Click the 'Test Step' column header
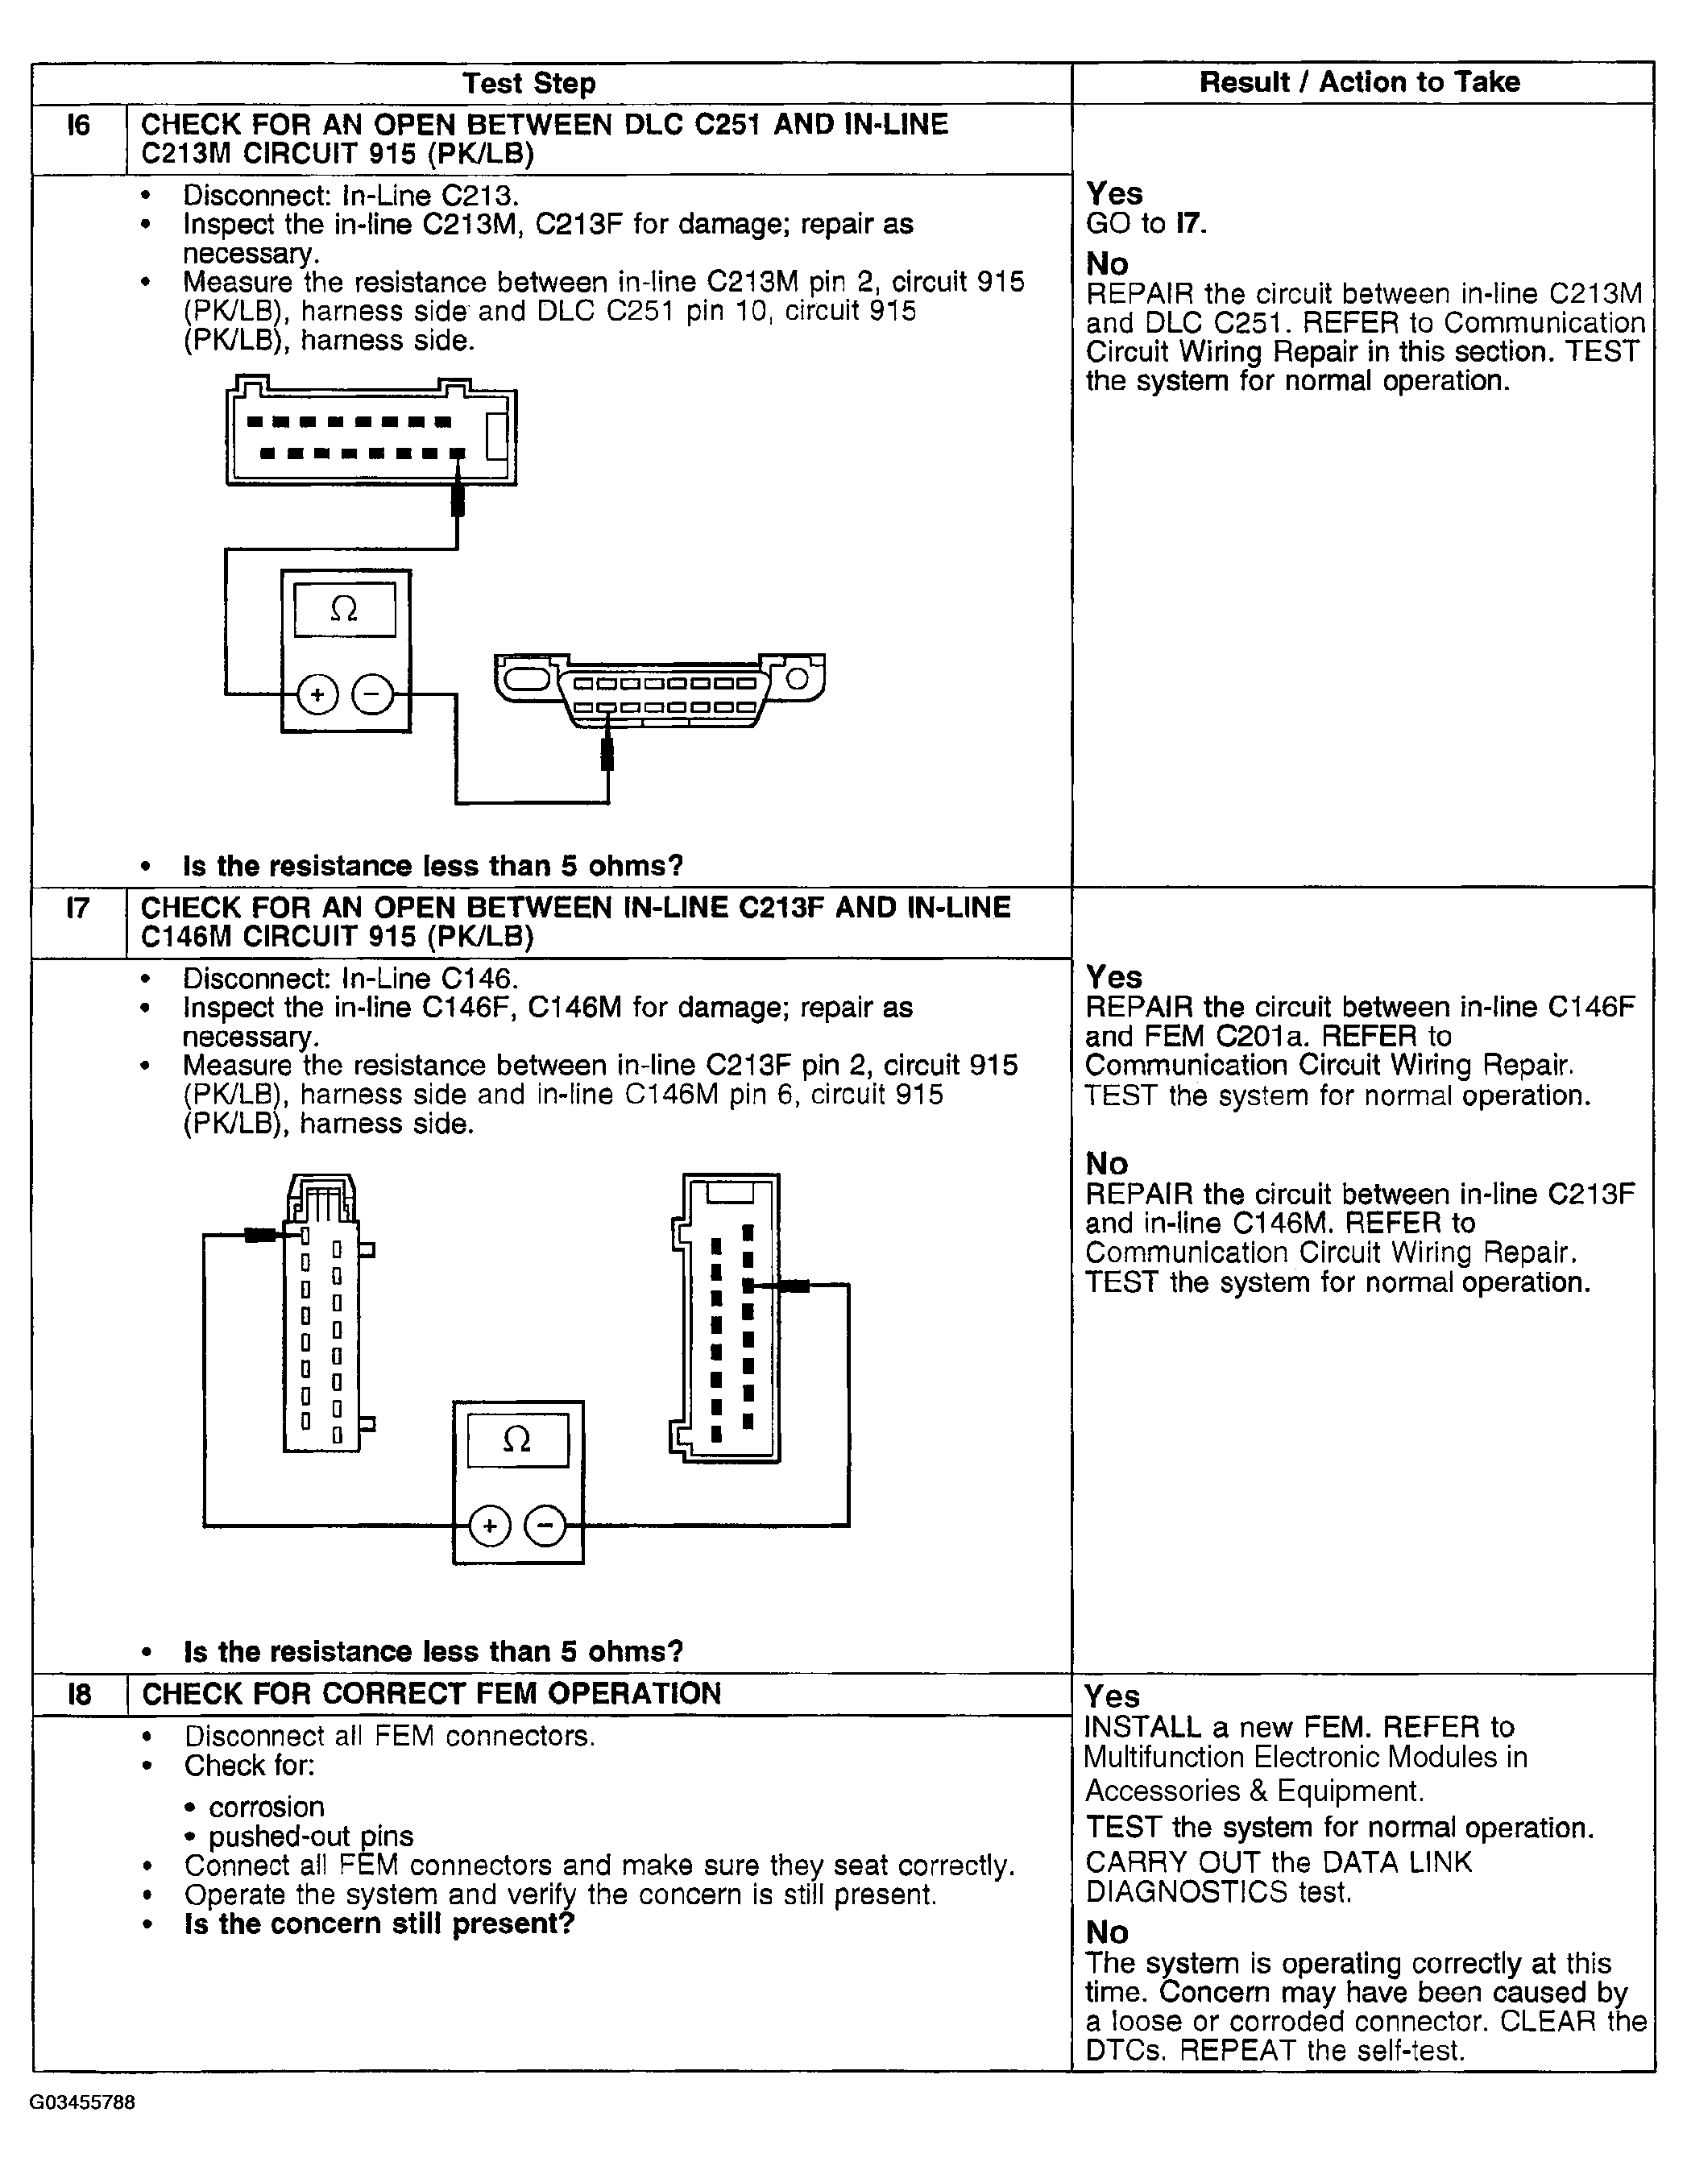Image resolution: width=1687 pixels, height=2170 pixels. tap(528, 84)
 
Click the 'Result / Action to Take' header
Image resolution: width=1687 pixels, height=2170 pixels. tap(1359, 82)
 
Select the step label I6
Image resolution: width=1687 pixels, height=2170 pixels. tap(78, 125)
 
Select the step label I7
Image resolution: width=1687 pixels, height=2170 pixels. tap(78, 907)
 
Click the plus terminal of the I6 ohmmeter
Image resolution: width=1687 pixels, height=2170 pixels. tap(318, 694)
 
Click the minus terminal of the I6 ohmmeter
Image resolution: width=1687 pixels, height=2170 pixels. tap(372, 694)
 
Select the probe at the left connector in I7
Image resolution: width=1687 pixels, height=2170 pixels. tap(261, 1235)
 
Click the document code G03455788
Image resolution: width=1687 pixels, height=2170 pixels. tap(82, 2102)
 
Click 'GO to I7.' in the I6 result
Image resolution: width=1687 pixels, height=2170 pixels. tap(1146, 224)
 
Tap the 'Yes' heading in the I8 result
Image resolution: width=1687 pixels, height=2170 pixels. tap(1112, 1696)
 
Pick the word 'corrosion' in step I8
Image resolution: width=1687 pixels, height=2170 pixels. tap(267, 1807)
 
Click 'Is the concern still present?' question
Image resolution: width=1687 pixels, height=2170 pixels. tap(379, 1924)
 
